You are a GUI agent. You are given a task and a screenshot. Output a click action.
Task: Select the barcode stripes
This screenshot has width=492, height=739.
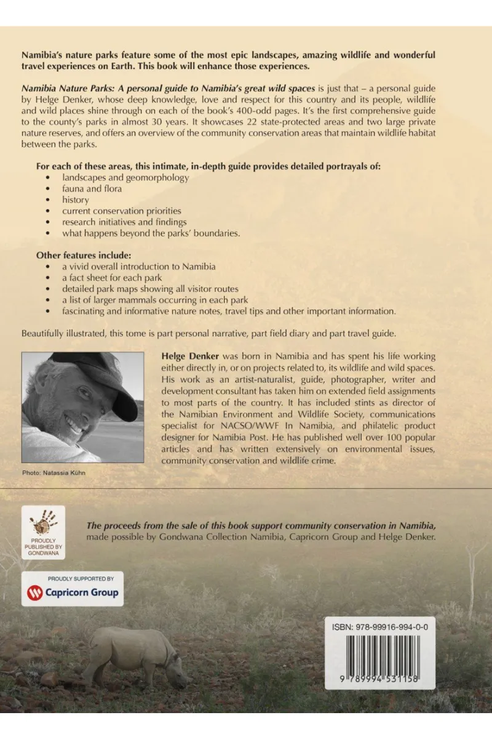(379, 655)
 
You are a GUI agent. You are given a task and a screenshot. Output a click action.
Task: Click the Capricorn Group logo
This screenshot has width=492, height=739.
(73, 594)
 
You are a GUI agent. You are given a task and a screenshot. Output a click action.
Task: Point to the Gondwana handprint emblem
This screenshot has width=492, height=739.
(43, 523)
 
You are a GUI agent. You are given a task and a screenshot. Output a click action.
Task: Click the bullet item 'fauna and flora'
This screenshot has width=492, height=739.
(92, 188)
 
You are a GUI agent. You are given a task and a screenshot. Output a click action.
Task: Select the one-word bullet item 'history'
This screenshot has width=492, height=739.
(75, 200)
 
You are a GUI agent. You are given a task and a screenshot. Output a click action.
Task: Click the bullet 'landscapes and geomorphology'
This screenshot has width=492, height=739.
(125, 177)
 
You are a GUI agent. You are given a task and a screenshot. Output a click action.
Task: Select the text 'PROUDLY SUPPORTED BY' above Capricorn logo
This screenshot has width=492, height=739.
(73, 579)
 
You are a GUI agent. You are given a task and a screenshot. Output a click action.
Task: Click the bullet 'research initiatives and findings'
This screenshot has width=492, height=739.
(124, 222)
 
